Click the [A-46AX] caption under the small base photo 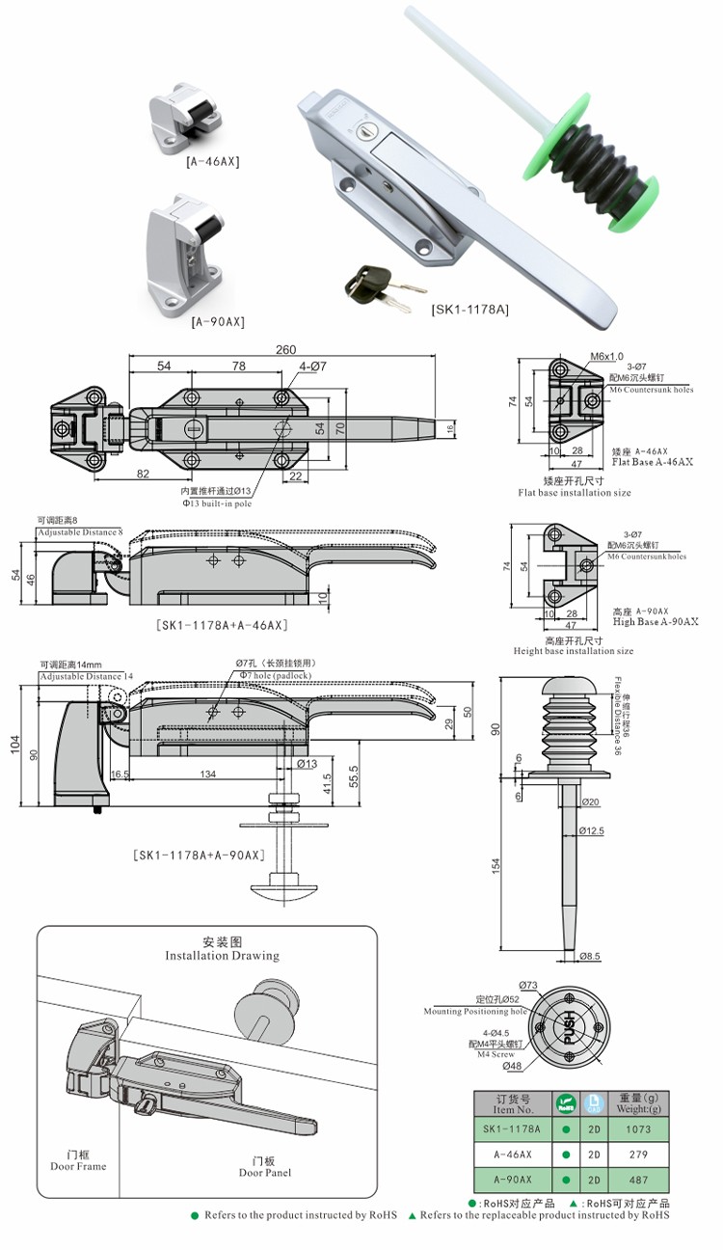click(213, 161)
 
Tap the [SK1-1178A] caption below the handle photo click(469, 309)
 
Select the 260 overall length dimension click(285, 350)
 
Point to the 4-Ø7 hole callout click(312, 367)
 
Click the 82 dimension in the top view click(143, 474)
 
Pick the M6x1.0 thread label click(606, 356)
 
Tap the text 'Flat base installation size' click(575, 493)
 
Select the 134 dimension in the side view click(207, 774)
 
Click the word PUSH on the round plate click(568, 1029)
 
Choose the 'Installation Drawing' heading click(223, 955)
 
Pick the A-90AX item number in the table click(512, 1180)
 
